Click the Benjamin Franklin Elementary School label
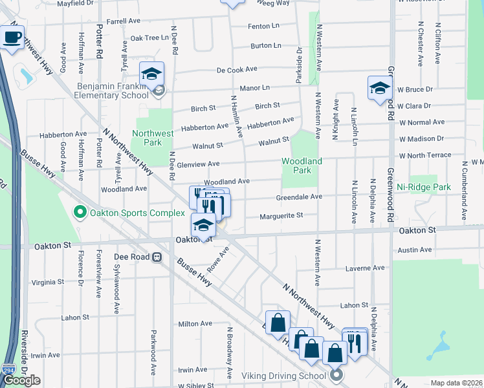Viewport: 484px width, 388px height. pos(113,91)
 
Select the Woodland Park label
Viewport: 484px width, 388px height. pos(302,166)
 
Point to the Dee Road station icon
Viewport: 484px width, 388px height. pos(157,257)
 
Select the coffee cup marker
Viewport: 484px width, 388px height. pos(12,37)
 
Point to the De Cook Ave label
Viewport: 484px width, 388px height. pos(237,69)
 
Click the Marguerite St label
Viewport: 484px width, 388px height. pos(281,217)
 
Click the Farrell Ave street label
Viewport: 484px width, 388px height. pos(124,21)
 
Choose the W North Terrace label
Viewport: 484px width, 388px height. pos(424,156)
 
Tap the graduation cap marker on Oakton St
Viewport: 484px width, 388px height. pos(203,224)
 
